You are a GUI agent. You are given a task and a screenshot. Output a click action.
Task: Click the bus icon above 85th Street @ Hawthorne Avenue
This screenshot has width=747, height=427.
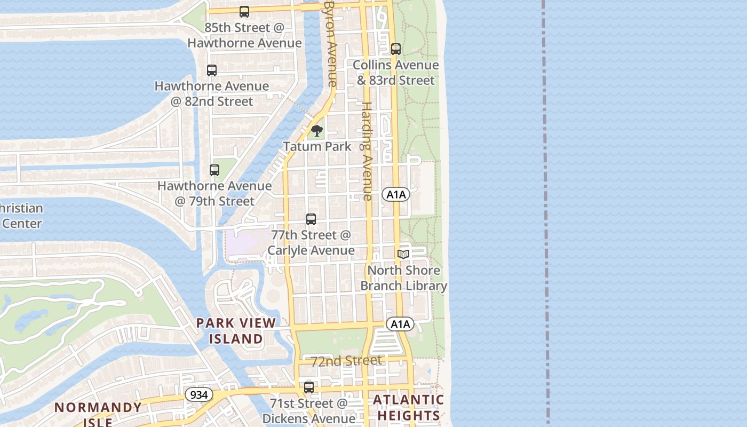pyautogui.click(x=244, y=12)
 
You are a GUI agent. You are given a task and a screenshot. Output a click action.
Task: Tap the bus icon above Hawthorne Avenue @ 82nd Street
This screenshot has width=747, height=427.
pyautogui.click(x=212, y=70)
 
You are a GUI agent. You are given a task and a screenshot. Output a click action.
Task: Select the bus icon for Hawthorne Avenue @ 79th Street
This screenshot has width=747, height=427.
pyautogui.click(x=214, y=170)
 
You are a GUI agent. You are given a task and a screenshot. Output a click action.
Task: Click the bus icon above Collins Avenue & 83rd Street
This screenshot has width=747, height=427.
pyautogui.click(x=396, y=49)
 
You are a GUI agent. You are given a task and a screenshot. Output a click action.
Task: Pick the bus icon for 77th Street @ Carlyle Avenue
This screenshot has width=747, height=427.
pyautogui.click(x=311, y=219)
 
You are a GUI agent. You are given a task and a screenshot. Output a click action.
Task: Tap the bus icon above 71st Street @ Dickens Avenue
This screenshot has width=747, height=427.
pyautogui.click(x=309, y=388)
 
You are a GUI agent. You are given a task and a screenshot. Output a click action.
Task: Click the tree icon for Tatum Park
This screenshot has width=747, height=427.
pyautogui.click(x=317, y=131)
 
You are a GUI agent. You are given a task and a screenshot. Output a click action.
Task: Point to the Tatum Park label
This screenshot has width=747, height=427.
pyautogui.click(x=317, y=146)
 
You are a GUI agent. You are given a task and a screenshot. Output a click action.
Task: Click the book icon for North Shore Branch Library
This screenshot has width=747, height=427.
pyautogui.click(x=403, y=255)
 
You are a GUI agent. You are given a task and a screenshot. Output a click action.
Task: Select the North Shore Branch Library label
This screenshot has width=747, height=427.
pyautogui.click(x=404, y=278)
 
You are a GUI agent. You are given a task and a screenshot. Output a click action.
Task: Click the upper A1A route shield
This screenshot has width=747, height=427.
pyautogui.click(x=396, y=195)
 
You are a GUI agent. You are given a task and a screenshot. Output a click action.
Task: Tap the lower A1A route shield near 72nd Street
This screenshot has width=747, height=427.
pyautogui.click(x=400, y=324)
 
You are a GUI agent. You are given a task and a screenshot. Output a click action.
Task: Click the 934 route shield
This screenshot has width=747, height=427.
pyautogui.click(x=199, y=395)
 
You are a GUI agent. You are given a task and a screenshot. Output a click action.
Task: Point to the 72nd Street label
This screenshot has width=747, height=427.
pyautogui.click(x=347, y=361)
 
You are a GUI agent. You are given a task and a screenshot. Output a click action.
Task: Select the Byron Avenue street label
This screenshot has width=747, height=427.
pyautogui.click(x=331, y=43)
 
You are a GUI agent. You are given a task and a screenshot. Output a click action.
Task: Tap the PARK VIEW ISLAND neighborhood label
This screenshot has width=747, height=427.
pyautogui.click(x=236, y=330)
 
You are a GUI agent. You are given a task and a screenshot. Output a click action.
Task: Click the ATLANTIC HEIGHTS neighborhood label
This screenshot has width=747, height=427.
pyautogui.click(x=408, y=407)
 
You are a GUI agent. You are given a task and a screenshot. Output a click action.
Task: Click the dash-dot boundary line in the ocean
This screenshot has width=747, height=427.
pyautogui.click(x=546, y=213)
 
